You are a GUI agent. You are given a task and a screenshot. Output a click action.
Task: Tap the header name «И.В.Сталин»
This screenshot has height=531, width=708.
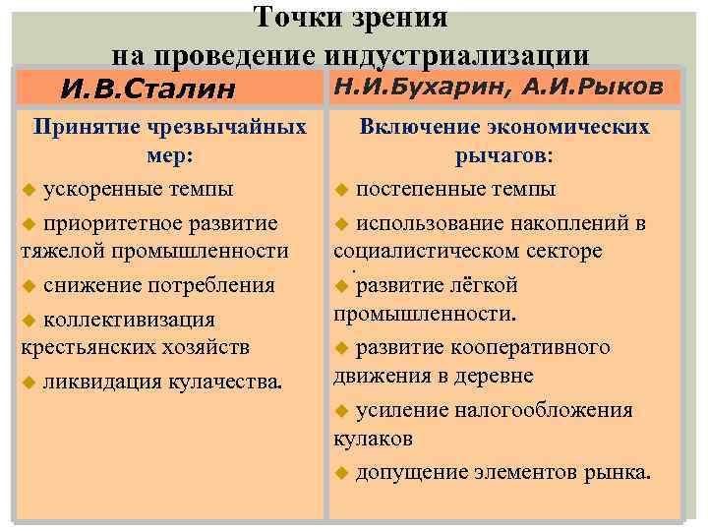click(x=148, y=89)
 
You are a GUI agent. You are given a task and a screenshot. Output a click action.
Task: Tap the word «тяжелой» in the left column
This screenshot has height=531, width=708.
click(x=60, y=251)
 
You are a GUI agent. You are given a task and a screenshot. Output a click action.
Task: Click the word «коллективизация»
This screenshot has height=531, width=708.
click(x=129, y=319)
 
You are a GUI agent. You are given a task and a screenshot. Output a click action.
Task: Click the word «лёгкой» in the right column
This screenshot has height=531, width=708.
click(x=482, y=286)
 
